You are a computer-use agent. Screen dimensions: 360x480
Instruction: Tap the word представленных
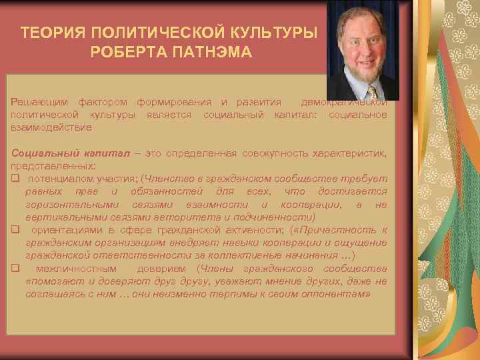coord(53,166)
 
